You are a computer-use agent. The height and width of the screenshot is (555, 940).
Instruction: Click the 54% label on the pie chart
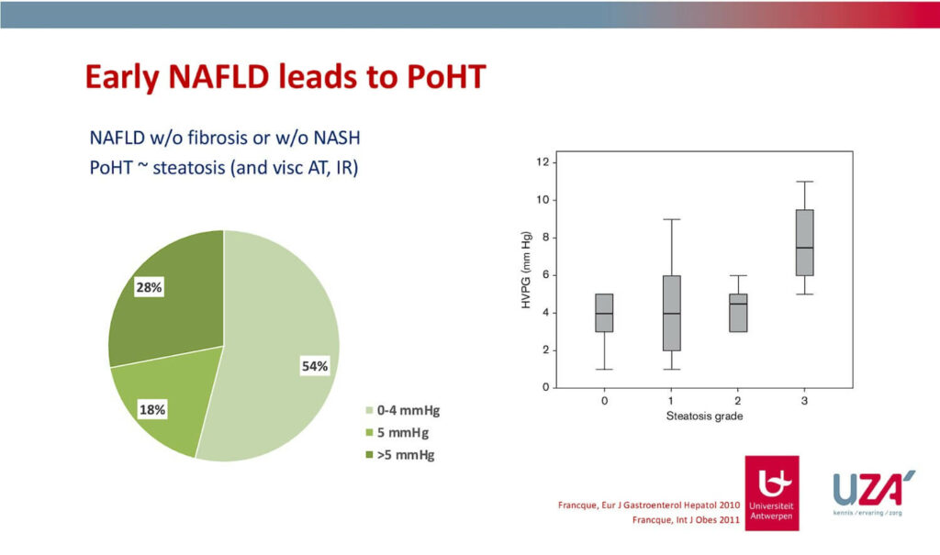coord(315,366)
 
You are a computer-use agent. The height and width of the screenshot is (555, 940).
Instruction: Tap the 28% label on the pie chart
coord(149,288)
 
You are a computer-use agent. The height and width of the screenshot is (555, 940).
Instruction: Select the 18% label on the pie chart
coord(152,410)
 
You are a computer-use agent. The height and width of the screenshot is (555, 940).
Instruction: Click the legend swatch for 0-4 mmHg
coord(369,411)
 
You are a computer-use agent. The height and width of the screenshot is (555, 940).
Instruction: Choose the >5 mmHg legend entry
coord(400,455)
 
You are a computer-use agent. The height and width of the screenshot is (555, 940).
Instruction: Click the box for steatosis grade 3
coord(804,243)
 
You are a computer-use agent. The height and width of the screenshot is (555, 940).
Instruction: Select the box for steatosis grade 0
coord(604,313)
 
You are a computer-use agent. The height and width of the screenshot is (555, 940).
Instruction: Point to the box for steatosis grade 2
coord(738,313)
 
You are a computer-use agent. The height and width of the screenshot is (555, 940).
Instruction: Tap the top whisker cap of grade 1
coord(671,219)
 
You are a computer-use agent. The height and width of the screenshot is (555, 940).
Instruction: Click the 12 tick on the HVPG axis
coord(543,161)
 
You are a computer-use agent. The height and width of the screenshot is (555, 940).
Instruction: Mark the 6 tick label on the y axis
coord(545,275)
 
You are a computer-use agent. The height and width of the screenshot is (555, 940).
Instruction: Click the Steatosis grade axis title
coord(704,416)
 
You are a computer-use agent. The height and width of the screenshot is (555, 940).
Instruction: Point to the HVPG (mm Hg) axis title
coord(526,270)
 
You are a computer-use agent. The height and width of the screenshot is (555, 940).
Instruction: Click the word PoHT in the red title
coord(446,77)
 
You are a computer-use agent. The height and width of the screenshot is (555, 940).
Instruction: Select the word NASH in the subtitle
coord(337,138)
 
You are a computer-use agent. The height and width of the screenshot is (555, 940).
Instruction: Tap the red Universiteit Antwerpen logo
coord(771,494)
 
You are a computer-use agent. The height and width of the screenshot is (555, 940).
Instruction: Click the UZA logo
coord(873,492)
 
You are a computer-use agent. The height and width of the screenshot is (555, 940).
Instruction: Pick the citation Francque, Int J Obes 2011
coord(686,519)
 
